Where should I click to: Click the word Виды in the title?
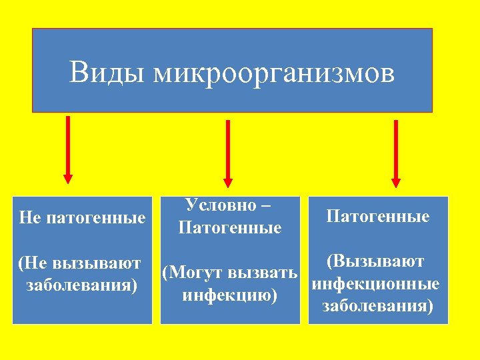coord(107,73)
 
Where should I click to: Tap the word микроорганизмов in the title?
coord(274,73)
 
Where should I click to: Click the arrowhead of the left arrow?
coord(67,177)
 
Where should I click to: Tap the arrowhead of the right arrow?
coord(395,181)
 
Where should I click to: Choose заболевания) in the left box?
coord(81,285)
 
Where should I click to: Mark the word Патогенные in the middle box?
coord(230,228)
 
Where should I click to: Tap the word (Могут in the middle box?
coord(193,273)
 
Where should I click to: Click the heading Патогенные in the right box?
coord(378,216)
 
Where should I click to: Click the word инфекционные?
coord(375,284)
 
